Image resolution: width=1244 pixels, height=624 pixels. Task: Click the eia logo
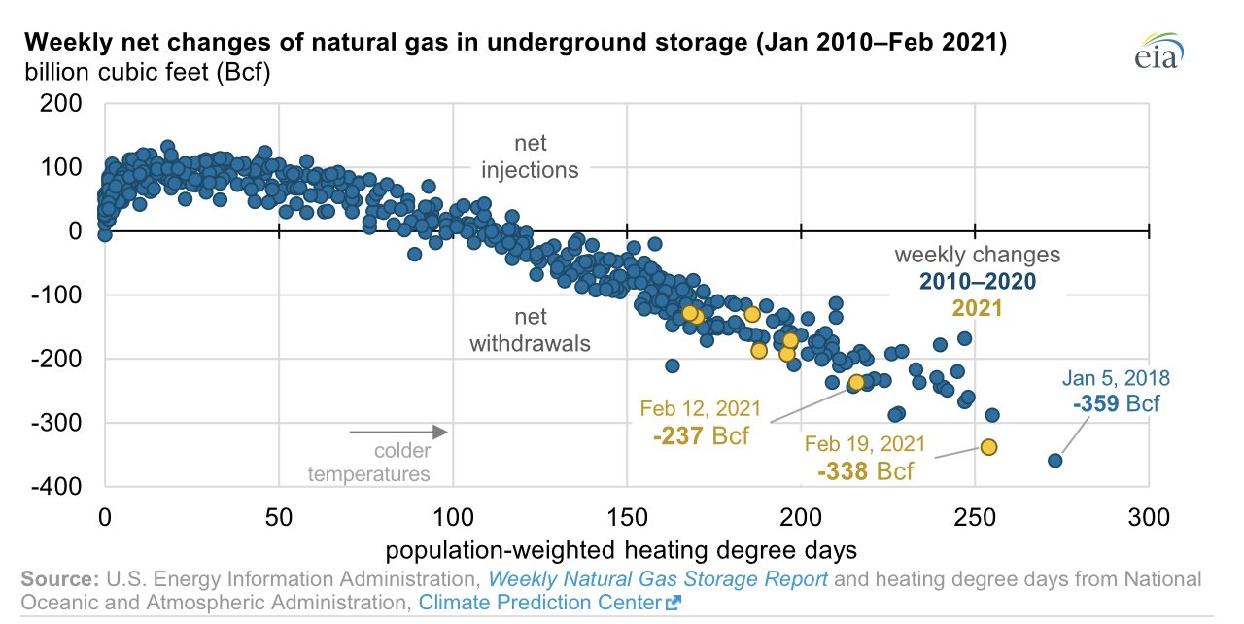pyautogui.click(x=1159, y=51)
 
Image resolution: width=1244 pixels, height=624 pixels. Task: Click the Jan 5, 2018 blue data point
pyautogui.click(x=1054, y=461)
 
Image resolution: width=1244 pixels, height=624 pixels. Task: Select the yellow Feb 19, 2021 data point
pyautogui.click(x=988, y=447)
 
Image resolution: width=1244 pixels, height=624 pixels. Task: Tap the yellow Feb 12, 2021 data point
pyautogui.click(x=857, y=382)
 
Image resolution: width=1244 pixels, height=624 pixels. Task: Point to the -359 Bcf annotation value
pyautogui.click(x=1116, y=403)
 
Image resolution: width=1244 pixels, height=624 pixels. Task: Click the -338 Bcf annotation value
pyautogui.click(x=865, y=471)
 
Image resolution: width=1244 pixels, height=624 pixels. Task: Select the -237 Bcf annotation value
pyautogui.click(x=701, y=435)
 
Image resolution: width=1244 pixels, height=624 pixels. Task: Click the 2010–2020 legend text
pyautogui.click(x=978, y=282)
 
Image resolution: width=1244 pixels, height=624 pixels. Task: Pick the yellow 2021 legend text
pyautogui.click(x=978, y=308)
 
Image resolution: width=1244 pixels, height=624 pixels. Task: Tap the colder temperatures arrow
pyautogui.click(x=398, y=432)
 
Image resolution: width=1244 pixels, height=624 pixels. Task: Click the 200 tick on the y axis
pyautogui.click(x=60, y=103)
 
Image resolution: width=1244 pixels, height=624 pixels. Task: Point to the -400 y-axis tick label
pyautogui.click(x=56, y=487)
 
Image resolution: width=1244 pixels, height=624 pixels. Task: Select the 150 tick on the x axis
pyautogui.click(x=627, y=517)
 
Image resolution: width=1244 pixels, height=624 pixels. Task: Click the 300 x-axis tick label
pyautogui.click(x=1149, y=517)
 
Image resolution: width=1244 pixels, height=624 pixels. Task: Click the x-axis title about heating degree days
pyautogui.click(x=621, y=550)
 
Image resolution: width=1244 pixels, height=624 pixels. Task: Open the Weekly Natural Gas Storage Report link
pyautogui.click(x=658, y=579)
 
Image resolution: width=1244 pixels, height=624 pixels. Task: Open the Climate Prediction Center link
pyautogui.click(x=539, y=603)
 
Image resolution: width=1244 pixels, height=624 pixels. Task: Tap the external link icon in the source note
pyautogui.click(x=674, y=603)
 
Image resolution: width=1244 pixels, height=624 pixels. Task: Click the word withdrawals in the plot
pyautogui.click(x=530, y=344)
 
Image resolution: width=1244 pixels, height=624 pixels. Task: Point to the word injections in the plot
pyautogui.click(x=530, y=170)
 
